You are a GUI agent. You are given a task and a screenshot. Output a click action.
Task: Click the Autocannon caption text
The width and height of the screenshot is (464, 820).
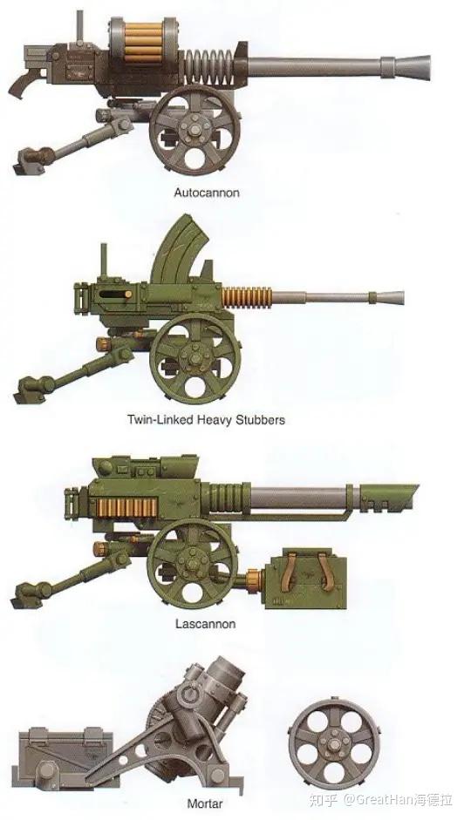tap(207, 193)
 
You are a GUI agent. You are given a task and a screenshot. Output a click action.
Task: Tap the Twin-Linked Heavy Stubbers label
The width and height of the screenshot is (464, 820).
tap(207, 419)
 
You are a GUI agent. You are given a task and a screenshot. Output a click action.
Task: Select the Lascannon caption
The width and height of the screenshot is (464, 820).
tap(205, 624)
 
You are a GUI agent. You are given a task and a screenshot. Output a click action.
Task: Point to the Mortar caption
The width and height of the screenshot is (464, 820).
tap(205, 803)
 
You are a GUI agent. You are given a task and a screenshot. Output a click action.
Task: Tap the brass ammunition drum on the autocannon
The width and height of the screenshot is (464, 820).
tap(144, 39)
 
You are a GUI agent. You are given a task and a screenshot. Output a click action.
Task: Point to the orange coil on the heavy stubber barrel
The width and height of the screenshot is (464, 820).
tap(247, 297)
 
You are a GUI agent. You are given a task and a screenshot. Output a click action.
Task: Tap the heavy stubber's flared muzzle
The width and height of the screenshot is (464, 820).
tap(390, 297)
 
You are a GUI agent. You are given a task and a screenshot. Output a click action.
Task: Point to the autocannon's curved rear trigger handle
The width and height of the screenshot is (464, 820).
tap(24, 83)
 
